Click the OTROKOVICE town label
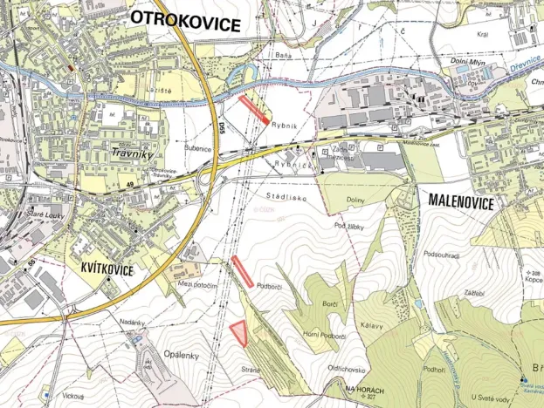click(184, 24)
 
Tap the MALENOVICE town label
click(461, 201)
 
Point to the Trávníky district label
click(132, 155)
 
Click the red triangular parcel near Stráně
click(239, 332)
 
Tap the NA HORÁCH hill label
click(365, 389)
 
